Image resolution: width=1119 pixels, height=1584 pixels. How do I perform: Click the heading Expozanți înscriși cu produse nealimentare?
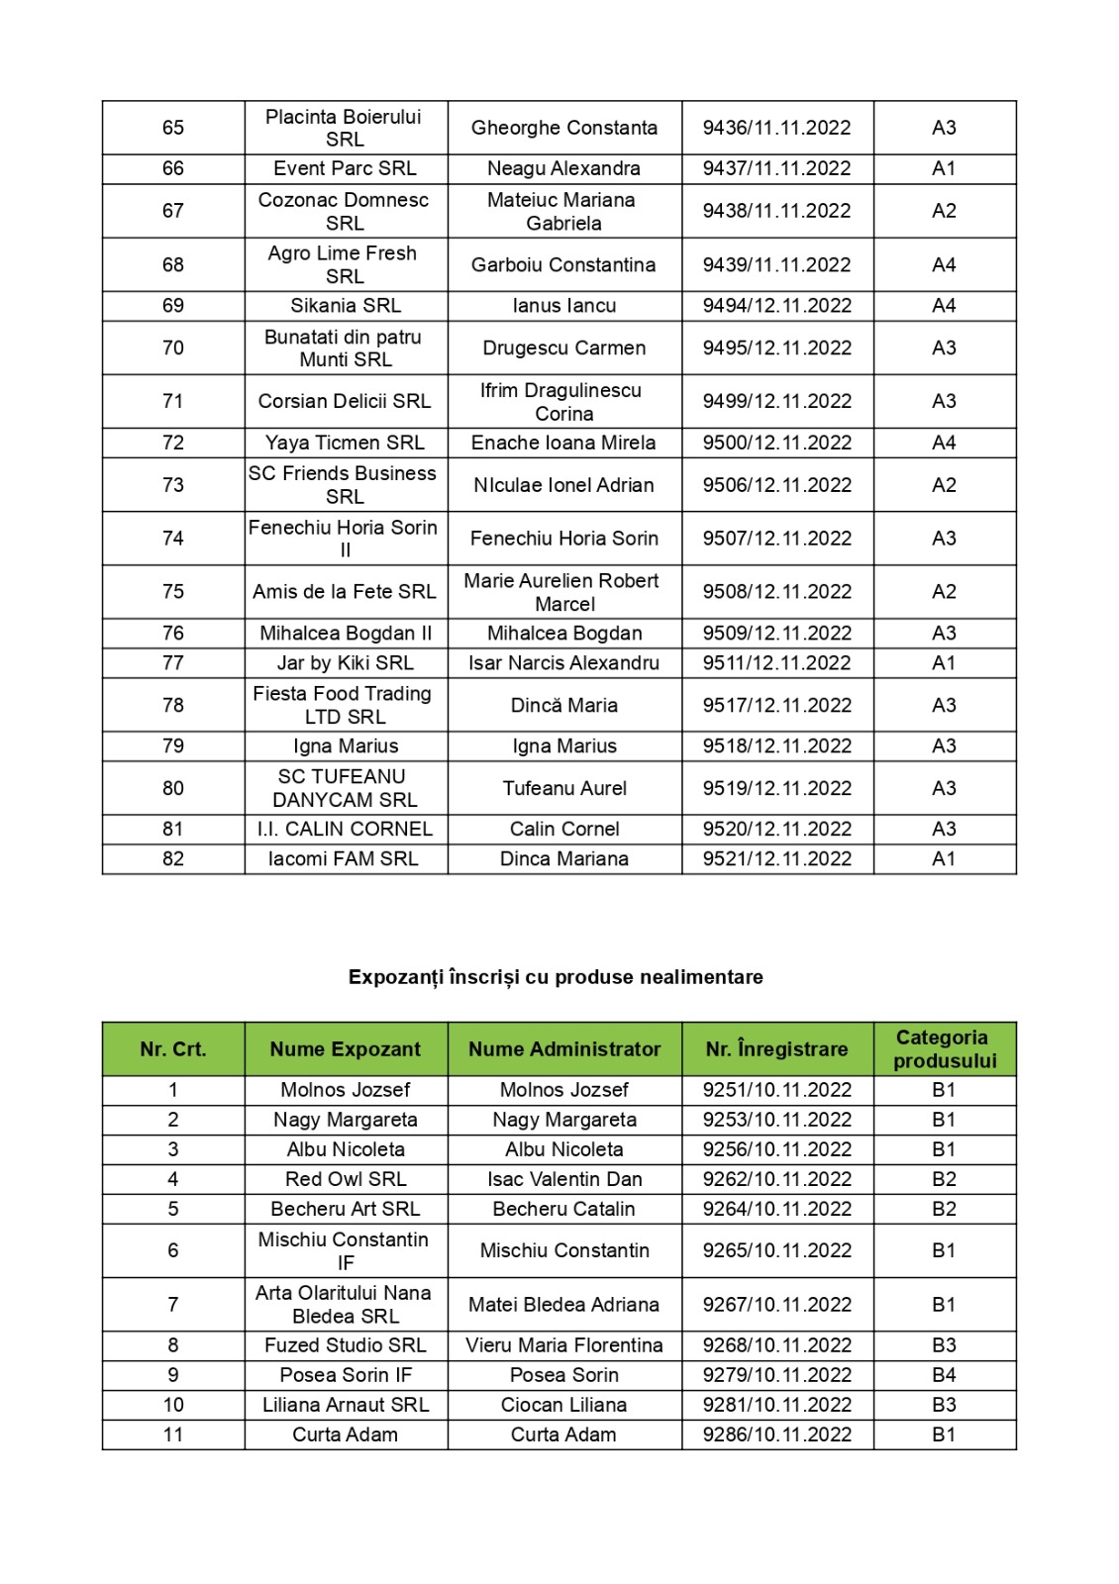(556, 977)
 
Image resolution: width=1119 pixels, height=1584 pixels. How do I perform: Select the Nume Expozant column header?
(345, 1049)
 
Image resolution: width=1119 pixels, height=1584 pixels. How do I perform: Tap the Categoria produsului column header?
(944, 1049)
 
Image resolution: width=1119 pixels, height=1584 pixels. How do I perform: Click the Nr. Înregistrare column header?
(776, 1049)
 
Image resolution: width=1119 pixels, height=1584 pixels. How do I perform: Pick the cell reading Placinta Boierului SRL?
(345, 128)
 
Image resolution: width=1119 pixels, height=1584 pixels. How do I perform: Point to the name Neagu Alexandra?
(563, 168)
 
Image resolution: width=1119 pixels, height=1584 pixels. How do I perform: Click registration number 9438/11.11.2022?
(776, 211)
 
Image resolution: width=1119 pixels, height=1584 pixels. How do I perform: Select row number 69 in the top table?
(173, 306)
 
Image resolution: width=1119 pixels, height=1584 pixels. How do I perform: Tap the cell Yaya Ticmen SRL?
(345, 443)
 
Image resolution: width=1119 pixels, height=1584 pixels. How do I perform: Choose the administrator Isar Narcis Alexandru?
(563, 663)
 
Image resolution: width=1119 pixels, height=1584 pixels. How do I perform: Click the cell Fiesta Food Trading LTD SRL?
(345, 705)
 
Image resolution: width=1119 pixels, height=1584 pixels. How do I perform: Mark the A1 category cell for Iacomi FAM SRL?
(944, 859)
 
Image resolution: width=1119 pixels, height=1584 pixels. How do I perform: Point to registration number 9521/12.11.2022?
(776, 859)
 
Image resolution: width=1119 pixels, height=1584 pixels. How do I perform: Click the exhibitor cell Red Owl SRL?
(345, 1179)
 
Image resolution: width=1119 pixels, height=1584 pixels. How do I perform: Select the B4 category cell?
(944, 1375)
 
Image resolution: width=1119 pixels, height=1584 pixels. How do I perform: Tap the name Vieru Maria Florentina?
(563, 1345)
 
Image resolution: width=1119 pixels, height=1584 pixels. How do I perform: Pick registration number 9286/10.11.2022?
(776, 1435)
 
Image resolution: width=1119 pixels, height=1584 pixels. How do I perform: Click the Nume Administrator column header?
(563, 1049)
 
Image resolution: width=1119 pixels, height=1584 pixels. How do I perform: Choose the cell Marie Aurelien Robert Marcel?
(563, 592)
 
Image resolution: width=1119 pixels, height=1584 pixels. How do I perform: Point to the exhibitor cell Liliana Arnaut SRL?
(345, 1405)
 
